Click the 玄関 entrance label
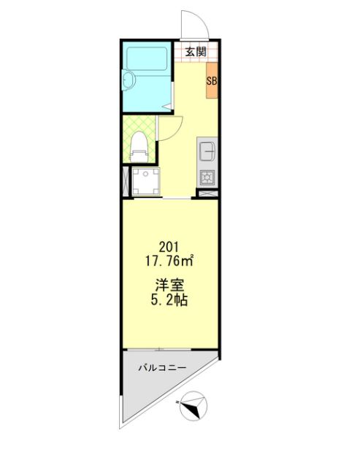196,52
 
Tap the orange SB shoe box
212,80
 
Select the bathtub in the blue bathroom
147,58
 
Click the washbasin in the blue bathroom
129,80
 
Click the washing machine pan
146,182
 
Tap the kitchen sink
207,151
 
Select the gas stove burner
207,177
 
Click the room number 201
169,247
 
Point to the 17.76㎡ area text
169,261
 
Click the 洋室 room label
169,285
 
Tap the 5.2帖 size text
169,300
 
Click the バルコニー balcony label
162,367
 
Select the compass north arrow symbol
193,407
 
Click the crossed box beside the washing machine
126,182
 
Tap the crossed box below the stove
207,193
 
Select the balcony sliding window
159,349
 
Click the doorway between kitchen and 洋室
177,198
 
